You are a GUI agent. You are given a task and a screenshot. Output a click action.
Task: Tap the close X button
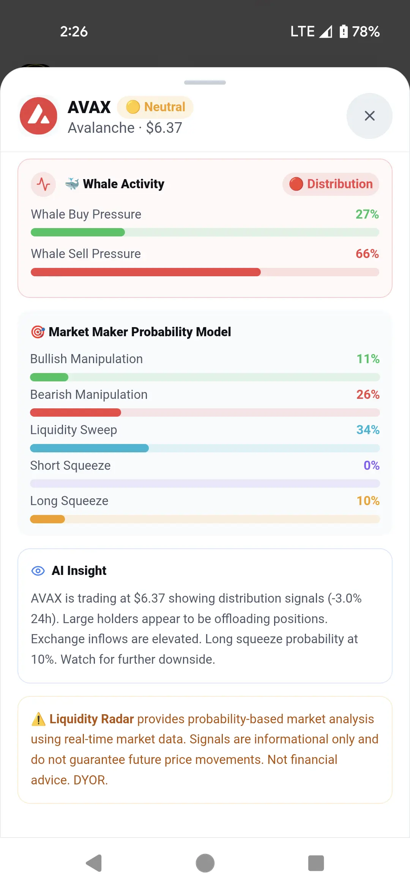coord(369,116)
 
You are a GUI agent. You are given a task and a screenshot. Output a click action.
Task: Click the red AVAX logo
coord(38,116)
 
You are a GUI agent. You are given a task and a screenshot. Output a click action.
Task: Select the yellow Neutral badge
coord(155,107)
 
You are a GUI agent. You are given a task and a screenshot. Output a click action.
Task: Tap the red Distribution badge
coord(331,184)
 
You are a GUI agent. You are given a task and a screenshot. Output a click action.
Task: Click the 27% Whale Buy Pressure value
coord(367,214)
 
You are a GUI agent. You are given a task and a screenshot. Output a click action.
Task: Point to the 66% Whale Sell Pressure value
coord(367,254)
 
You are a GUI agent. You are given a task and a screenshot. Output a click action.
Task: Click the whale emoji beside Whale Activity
coord(72,184)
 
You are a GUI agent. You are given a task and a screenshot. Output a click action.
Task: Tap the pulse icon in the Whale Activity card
coord(43,184)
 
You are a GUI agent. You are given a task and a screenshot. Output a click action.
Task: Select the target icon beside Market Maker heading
coord(38,332)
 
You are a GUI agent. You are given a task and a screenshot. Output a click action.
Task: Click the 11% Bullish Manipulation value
coord(368,359)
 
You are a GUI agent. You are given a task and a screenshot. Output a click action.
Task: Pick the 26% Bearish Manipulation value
coord(368,395)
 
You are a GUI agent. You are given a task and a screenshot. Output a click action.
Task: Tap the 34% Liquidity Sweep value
coord(368,430)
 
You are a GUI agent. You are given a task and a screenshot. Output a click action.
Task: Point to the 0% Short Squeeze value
coord(372,466)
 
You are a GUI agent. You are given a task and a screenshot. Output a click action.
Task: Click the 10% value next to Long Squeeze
coord(368,501)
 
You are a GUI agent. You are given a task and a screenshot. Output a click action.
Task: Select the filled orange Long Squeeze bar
coord(47,519)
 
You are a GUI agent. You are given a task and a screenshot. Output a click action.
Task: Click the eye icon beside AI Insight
coord(38,571)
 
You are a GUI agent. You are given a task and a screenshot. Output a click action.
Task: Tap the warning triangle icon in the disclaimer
coord(38,719)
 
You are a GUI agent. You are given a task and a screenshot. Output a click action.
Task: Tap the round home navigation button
coord(205,863)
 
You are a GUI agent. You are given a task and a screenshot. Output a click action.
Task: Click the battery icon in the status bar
coord(344,31)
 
